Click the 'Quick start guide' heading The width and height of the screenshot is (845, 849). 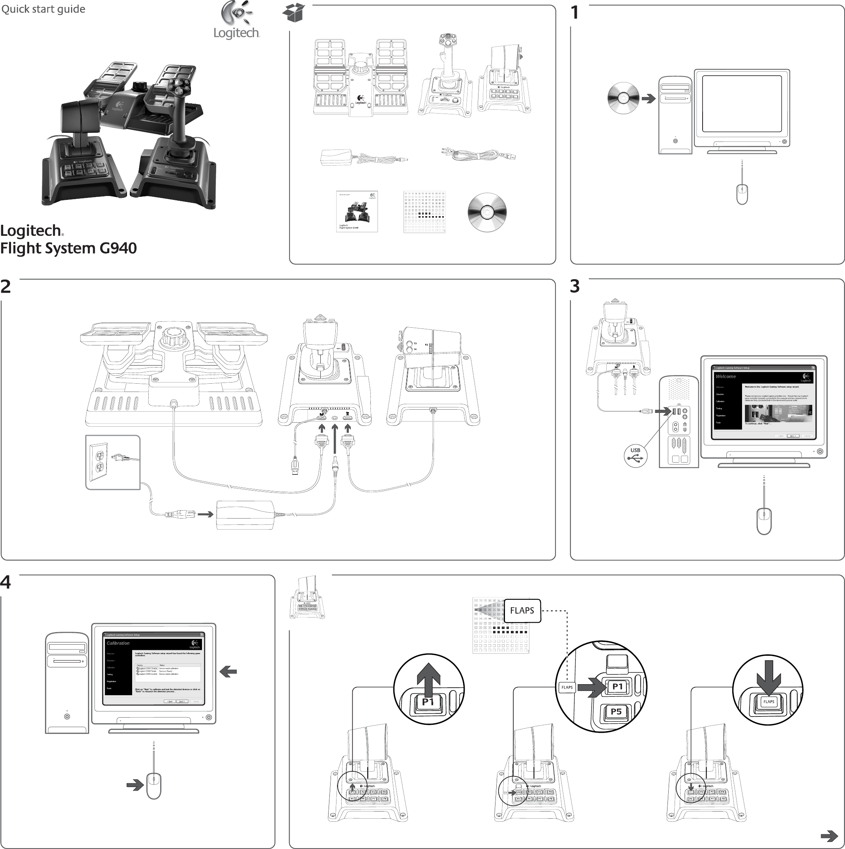tap(43, 9)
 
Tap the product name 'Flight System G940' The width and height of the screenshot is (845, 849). tap(69, 248)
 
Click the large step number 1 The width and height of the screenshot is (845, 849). tap(574, 13)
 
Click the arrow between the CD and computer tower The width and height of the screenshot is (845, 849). tap(649, 99)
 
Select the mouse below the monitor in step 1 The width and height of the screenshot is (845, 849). tap(742, 194)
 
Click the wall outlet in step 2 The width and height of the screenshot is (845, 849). tap(99, 461)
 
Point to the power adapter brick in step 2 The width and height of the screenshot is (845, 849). tap(245, 515)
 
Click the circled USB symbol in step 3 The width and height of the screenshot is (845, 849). tap(635, 456)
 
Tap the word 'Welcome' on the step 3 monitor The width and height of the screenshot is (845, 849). tap(725, 377)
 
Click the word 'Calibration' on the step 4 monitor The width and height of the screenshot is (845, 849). tap(118, 643)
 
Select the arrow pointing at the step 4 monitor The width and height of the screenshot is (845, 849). tap(228, 672)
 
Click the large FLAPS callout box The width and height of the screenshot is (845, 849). tap(522, 610)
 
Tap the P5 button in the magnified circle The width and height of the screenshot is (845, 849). tap(616, 711)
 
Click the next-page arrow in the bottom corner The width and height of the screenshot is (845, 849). tap(829, 835)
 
